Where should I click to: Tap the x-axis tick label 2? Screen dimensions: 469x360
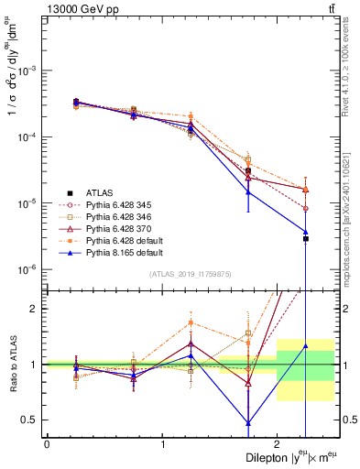click(277, 443)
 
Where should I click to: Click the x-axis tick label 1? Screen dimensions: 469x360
click(162, 443)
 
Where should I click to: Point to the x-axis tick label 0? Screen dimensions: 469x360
click(47, 443)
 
